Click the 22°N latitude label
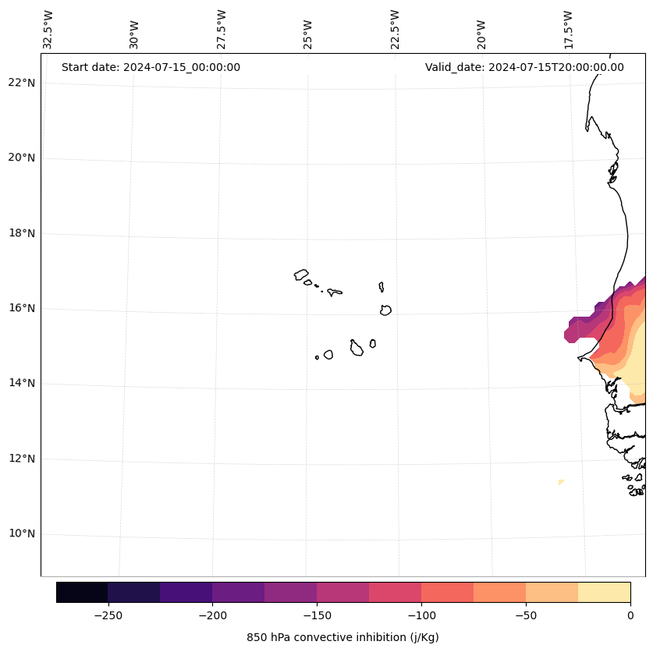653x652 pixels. pyautogui.click(x=22, y=83)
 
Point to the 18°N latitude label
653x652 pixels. pyautogui.click(x=22, y=233)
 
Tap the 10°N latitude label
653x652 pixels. pyautogui.click(x=22, y=534)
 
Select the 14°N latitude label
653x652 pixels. pyautogui.click(x=22, y=384)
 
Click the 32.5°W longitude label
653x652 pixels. pyautogui.click(x=48, y=30)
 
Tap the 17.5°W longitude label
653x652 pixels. pyautogui.click(x=568, y=30)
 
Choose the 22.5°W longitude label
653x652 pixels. pyautogui.click(x=395, y=30)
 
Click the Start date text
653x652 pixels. pyautogui.click(x=151, y=67)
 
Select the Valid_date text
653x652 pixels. pyautogui.click(x=524, y=67)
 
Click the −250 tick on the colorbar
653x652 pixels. pyautogui.click(x=108, y=615)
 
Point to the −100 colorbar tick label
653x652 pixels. pyautogui.click(x=421, y=615)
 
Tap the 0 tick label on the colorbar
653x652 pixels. pyautogui.click(x=630, y=615)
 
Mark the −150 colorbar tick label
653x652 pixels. pyautogui.click(x=317, y=615)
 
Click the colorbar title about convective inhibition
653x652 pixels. pyautogui.click(x=342, y=637)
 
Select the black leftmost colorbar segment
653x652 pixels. pyautogui.click(x=82, y=592)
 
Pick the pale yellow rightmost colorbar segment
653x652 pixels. pyautogui.click(x=604, y=592)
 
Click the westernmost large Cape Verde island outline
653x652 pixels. pyautogui.click(x=301, y=275)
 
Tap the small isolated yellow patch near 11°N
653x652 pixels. pyautogui.click(x=560, y=482)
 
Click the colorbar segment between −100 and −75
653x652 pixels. pyautogui.click(x=447, y=592)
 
